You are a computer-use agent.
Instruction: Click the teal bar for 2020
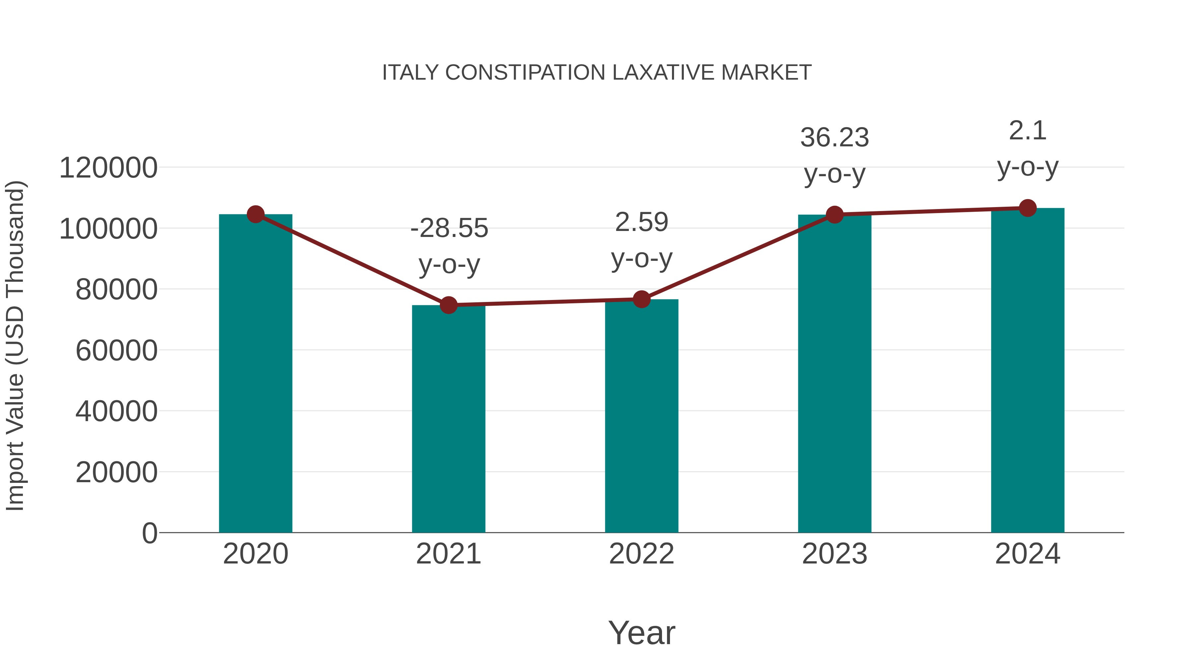(x=255, y=373)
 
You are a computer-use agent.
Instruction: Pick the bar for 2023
(x=834, y=373)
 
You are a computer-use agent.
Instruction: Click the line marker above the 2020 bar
(x=255, y=214)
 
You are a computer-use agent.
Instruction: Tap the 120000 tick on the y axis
(x=108, y=168)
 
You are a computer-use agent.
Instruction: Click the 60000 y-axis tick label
(x=116, y=351)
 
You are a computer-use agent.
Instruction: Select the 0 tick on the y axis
(x=150, y=533)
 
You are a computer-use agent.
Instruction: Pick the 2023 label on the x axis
(x=834, y=554)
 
